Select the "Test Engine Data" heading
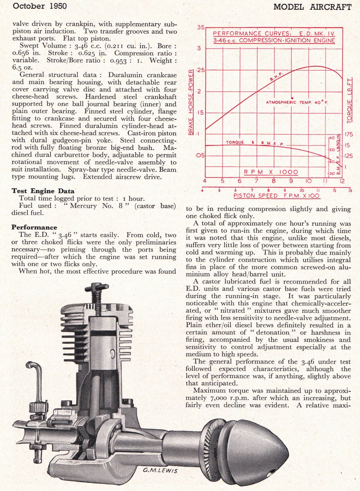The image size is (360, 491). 43,191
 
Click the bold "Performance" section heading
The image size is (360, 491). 34,227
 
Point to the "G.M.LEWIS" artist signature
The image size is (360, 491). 160,470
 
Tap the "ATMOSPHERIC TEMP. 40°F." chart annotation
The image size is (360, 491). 297,102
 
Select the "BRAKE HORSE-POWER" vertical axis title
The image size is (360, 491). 191,102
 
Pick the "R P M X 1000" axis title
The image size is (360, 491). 271,172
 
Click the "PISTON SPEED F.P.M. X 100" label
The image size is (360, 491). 276,196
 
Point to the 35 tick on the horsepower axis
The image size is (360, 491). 201,27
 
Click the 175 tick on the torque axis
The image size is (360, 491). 349,134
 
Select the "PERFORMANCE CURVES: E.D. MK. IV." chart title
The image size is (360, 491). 274,33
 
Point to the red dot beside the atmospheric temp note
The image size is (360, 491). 292,98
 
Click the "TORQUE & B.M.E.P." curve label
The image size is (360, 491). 255,143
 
